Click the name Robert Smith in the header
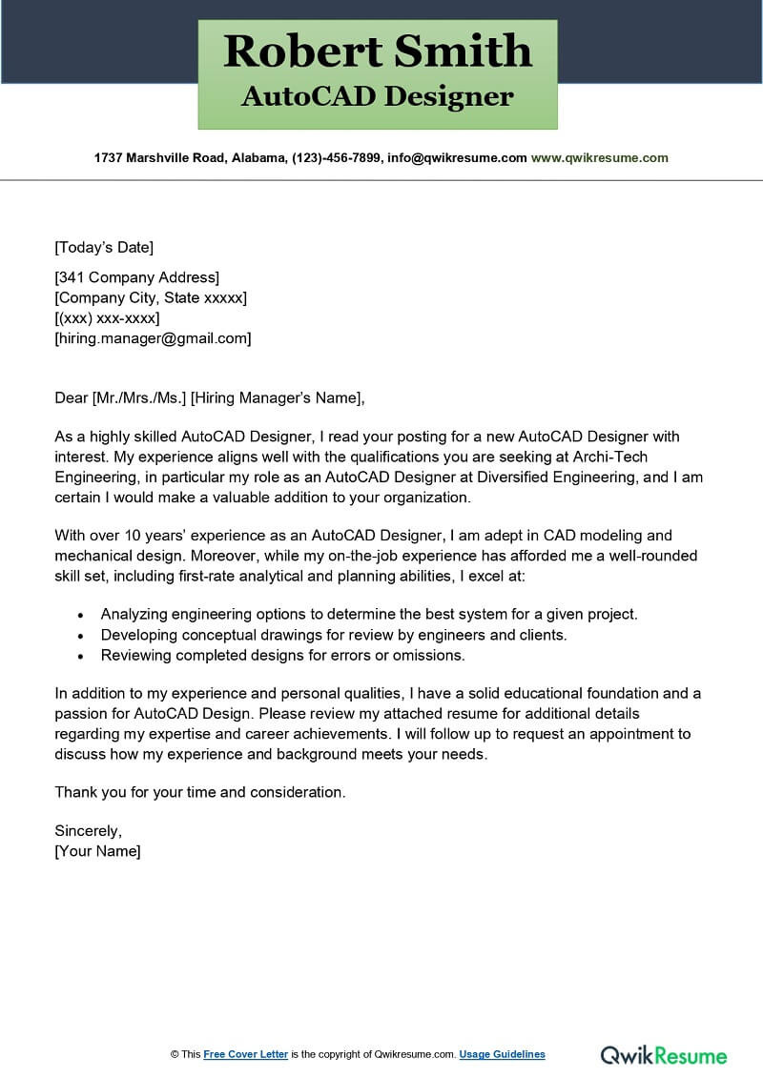coord(378,51)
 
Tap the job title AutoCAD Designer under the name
coord(378,96)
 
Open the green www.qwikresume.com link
coord(599,158)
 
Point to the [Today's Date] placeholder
coord(103,248)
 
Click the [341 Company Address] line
coord(136,277)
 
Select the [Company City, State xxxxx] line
coord(151,297)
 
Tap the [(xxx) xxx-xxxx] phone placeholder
coord(107,317)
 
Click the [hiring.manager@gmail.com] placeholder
coord(153,337)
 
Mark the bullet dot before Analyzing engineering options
coord(81,616)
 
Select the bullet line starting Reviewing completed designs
coord(282,655)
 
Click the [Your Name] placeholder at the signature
coord(97,851)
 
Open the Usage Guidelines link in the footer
coord(502,1054)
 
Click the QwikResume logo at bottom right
coord(663,1055)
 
